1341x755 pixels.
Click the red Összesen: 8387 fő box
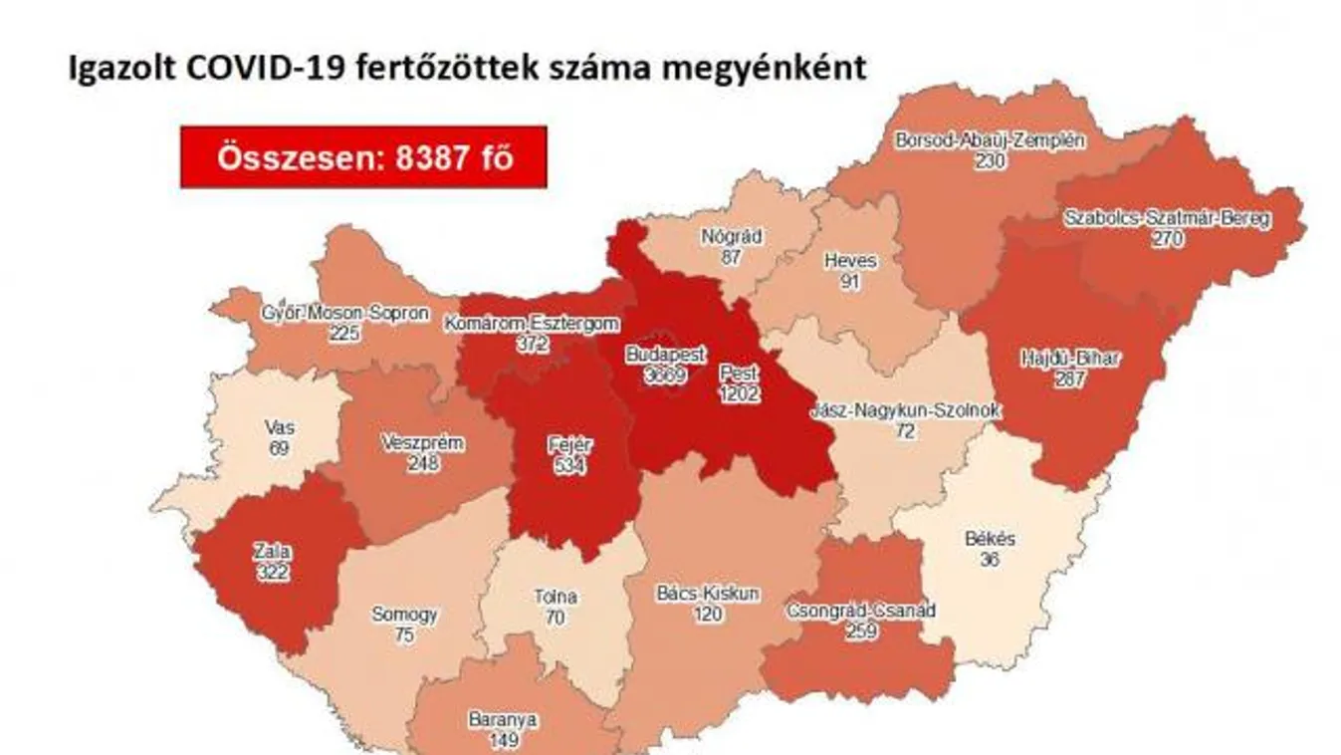(x=363, y=157)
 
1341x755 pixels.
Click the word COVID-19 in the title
(x=261, y=68)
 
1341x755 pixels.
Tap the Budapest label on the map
(x=666, y=354)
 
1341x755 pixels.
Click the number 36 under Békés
(x=990, y=560)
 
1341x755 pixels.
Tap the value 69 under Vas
(x=279, y=449)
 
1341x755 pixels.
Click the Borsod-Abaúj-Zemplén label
(x=990, y=140)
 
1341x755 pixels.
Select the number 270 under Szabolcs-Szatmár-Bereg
(x=1167, y=238)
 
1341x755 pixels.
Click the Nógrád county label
(x=732, y=237)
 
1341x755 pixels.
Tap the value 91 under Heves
(x=850, y=281)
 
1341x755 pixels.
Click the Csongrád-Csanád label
(x=860, y=610)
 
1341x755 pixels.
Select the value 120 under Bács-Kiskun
(x=707, y=615)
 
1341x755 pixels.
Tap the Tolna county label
(x=555, y=598)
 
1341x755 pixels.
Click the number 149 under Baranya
(x=503, y=739)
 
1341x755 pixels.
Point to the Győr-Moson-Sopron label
(x=344, y=313)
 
